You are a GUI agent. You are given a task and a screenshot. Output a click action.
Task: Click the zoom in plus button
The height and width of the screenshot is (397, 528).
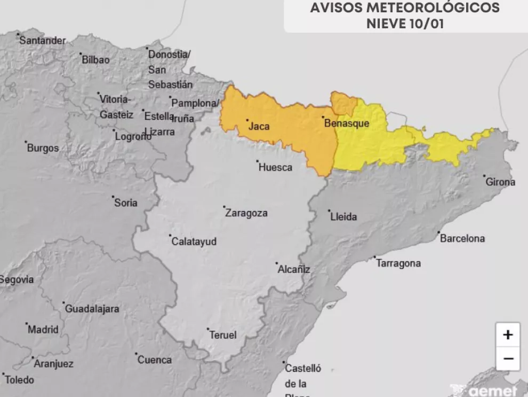click(508, 335)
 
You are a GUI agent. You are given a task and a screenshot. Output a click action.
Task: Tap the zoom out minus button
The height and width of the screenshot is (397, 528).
click(508, 359)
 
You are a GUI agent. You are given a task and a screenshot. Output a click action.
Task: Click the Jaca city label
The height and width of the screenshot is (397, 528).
click(259, 127)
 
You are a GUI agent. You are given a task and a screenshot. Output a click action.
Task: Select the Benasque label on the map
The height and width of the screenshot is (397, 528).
click(347, 123)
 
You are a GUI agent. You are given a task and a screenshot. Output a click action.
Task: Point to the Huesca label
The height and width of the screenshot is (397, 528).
click(275, 167)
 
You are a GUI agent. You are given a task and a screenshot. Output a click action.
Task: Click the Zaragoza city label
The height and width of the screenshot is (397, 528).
click(246, 213)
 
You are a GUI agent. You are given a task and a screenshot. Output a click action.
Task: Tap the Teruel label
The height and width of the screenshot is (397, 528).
click(223, 335)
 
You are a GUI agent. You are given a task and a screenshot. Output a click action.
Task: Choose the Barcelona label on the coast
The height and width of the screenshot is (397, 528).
click(462, 238)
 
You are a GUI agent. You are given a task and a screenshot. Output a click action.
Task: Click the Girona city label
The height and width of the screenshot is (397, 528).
click(500, 182)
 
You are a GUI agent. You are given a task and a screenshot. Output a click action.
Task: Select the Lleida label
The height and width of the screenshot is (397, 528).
click(343, 217)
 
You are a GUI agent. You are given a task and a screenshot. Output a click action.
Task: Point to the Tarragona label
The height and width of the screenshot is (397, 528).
click(398, 263)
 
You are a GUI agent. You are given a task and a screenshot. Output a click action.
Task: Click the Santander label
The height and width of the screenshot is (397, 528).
click(43, 41)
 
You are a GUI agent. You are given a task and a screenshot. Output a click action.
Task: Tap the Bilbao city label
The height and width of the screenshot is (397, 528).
click(95, 60)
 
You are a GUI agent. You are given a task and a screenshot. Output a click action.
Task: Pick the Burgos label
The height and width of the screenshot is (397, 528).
click(43, 148)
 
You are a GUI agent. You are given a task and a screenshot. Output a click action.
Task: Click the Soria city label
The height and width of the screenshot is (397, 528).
click(125, 203)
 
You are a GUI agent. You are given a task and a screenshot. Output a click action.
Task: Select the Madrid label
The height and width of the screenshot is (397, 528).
click(43, 329)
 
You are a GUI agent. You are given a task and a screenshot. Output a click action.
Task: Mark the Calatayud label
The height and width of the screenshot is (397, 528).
click(194, 242)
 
